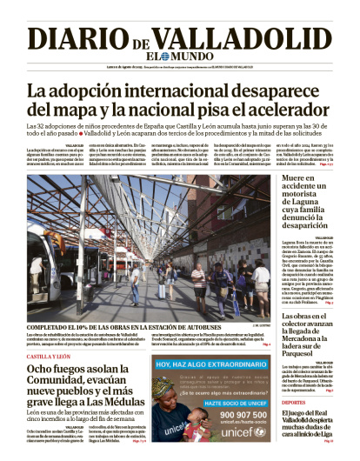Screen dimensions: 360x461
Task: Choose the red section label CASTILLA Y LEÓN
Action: [x=50, y=357]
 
